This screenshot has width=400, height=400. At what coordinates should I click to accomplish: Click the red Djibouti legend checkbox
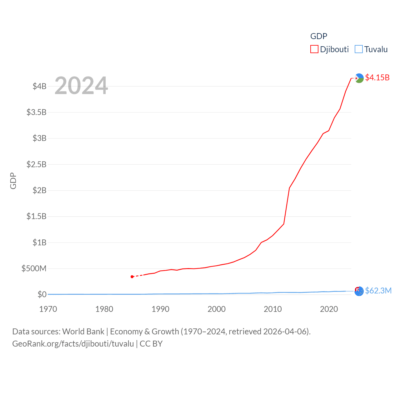[x=314, y=49]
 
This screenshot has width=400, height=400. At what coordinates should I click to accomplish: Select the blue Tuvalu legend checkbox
[x=359, y=49]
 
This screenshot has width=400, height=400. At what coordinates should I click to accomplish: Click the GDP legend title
[x=318, y=36]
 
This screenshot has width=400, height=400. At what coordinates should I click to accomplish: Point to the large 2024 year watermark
[x=81, y=86]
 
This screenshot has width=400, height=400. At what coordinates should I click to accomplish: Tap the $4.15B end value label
[x=377, y=77]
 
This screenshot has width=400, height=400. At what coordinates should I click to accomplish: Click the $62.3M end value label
[x=378, y=291]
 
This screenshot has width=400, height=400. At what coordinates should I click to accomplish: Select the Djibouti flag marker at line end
[x=359, y=78]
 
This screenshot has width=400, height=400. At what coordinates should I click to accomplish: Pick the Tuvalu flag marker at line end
[x=359, y=291]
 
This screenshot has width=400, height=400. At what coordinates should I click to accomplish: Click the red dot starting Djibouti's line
[x=132, y=277]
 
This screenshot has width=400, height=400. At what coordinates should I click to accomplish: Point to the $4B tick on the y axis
[x=39, y=86]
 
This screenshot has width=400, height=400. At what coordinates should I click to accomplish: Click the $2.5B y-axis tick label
[x=36, y=164]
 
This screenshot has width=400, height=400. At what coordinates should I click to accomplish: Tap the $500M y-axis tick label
[x=34, y=268]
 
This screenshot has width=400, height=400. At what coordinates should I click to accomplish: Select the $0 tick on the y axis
[x=42, y=294]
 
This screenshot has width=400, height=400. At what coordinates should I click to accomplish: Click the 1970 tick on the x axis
[x=48, y=309]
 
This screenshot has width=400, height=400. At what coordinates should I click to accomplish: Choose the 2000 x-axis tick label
[x=217, y=309]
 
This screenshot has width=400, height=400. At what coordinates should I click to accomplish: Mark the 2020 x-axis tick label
[x=329, y=309]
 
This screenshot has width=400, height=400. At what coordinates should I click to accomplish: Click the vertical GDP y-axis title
[x=13, y=181]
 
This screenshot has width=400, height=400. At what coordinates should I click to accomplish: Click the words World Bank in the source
[x=83, y=332]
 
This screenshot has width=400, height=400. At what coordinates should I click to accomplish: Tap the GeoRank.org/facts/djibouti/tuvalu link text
[x=73, y=344]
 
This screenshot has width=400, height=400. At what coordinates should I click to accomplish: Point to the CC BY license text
[x=151, y=344]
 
